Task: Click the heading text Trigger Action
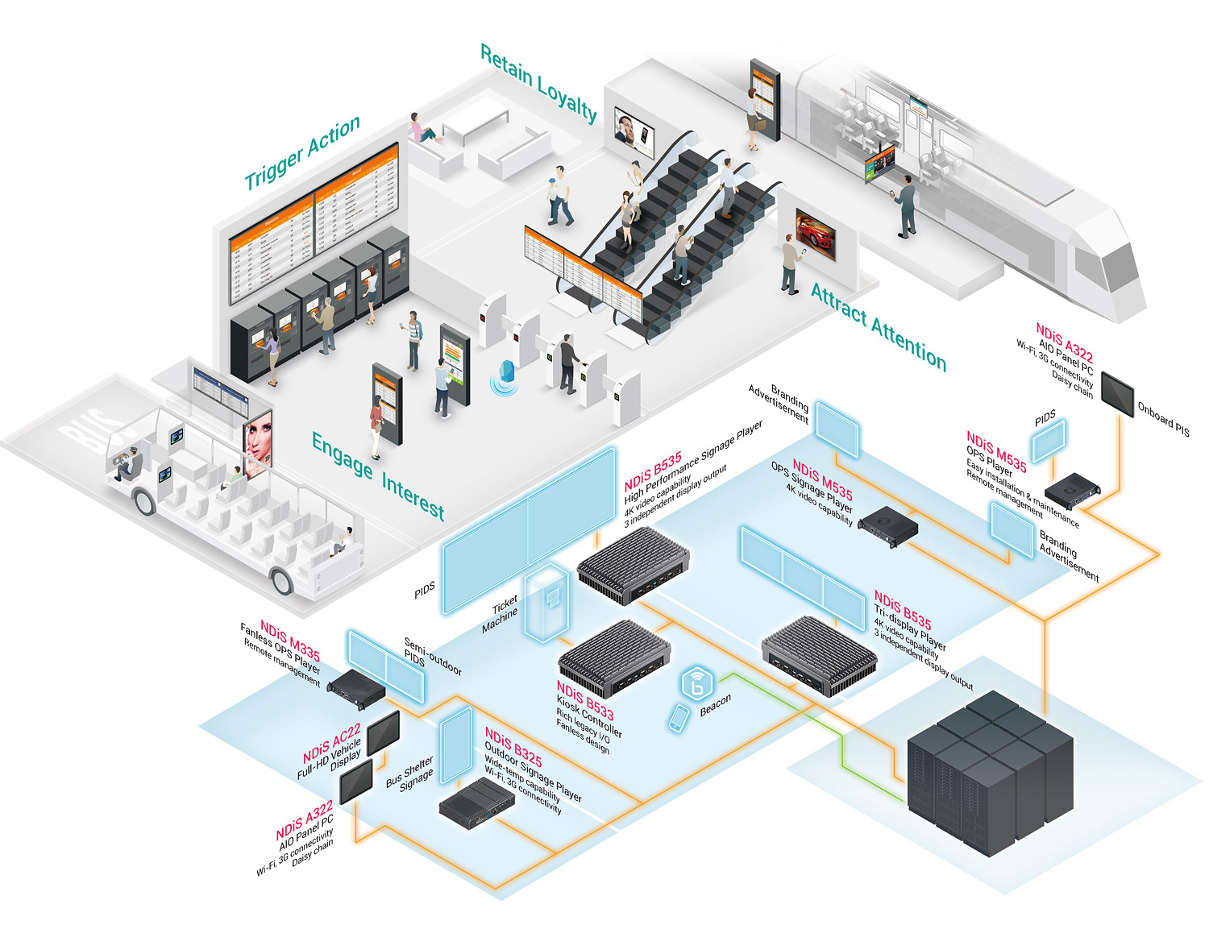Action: (x=302, y=152)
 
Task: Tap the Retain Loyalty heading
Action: (x=538, y=83)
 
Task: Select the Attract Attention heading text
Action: (x=879, y=327)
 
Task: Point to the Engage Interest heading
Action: (x=378, y=476)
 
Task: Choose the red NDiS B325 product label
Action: (x=513, y=749)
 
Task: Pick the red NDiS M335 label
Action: (x=290, y=641)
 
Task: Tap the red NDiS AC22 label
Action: (x=331, y=745)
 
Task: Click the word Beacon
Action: (x=715, y=704)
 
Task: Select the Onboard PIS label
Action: (x=1163, y=419)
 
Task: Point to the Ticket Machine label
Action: (x=502, y=614)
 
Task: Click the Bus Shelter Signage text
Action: (x=411, y=773)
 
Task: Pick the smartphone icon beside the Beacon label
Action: (x=679, y=719)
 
